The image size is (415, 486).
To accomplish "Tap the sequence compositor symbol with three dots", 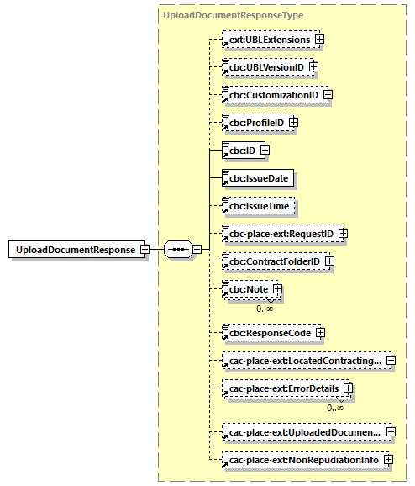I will [x=178, y=250].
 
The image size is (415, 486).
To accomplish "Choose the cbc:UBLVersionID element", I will [x=263, y=67].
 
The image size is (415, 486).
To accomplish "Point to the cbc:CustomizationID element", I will [x=270, y=95].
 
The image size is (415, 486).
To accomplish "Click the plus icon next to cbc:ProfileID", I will [x=294, y=123].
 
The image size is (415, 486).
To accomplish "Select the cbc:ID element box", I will [x=239, y=151].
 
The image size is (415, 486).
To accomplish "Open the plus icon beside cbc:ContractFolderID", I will [x=329, y=261].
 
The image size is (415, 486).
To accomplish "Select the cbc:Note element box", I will [x=245, y=289].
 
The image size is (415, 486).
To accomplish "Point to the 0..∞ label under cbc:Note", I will [x=265, y=309].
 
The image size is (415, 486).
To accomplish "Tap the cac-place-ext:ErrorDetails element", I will [x=281, y=389].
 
